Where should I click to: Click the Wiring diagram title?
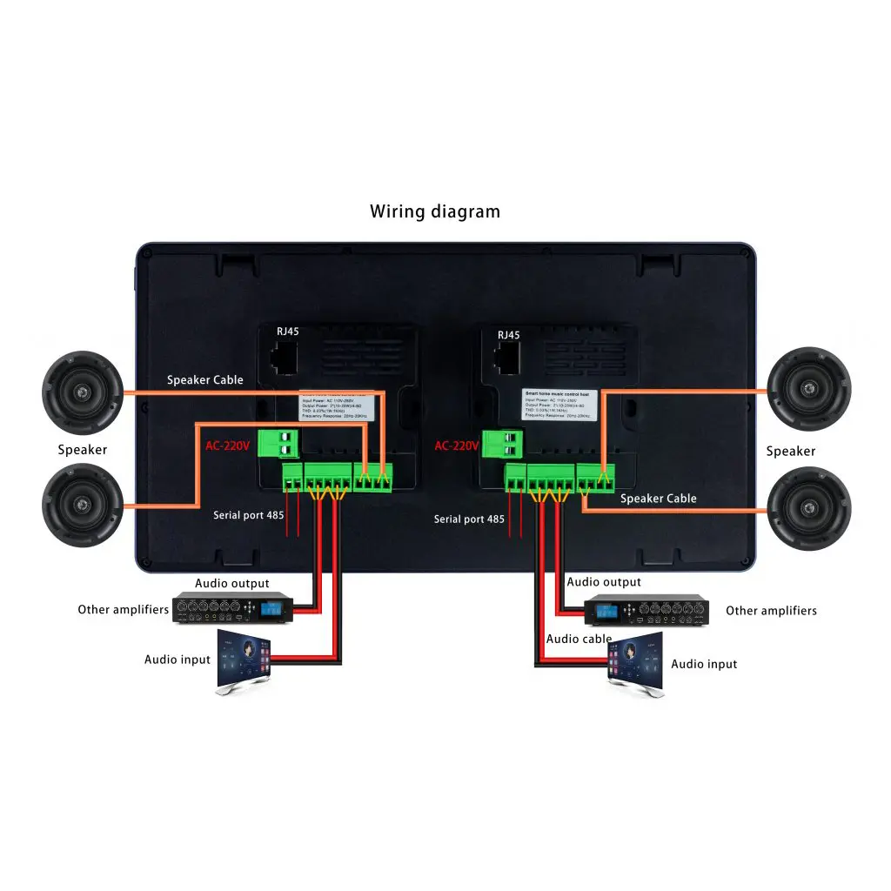[x=435, y=211]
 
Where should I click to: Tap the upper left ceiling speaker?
[x=83, y=392]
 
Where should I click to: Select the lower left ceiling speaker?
[x=83, y=506]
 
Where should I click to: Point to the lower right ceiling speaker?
[x=809, y=509]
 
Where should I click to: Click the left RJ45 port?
[x=285, y=358]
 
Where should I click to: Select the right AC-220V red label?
[x=457, y=445]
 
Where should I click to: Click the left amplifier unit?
[x=232, y=608]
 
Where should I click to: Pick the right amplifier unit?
[x=644, y=609]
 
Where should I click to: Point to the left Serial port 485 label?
[x=249, y=515]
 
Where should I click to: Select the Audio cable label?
[x=579, y=639]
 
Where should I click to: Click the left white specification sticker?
[x=338, y=406]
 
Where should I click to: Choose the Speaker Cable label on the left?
[x=205, y=380]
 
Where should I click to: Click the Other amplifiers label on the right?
[x=771, y=611]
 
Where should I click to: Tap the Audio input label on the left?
[x=178, y=660]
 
